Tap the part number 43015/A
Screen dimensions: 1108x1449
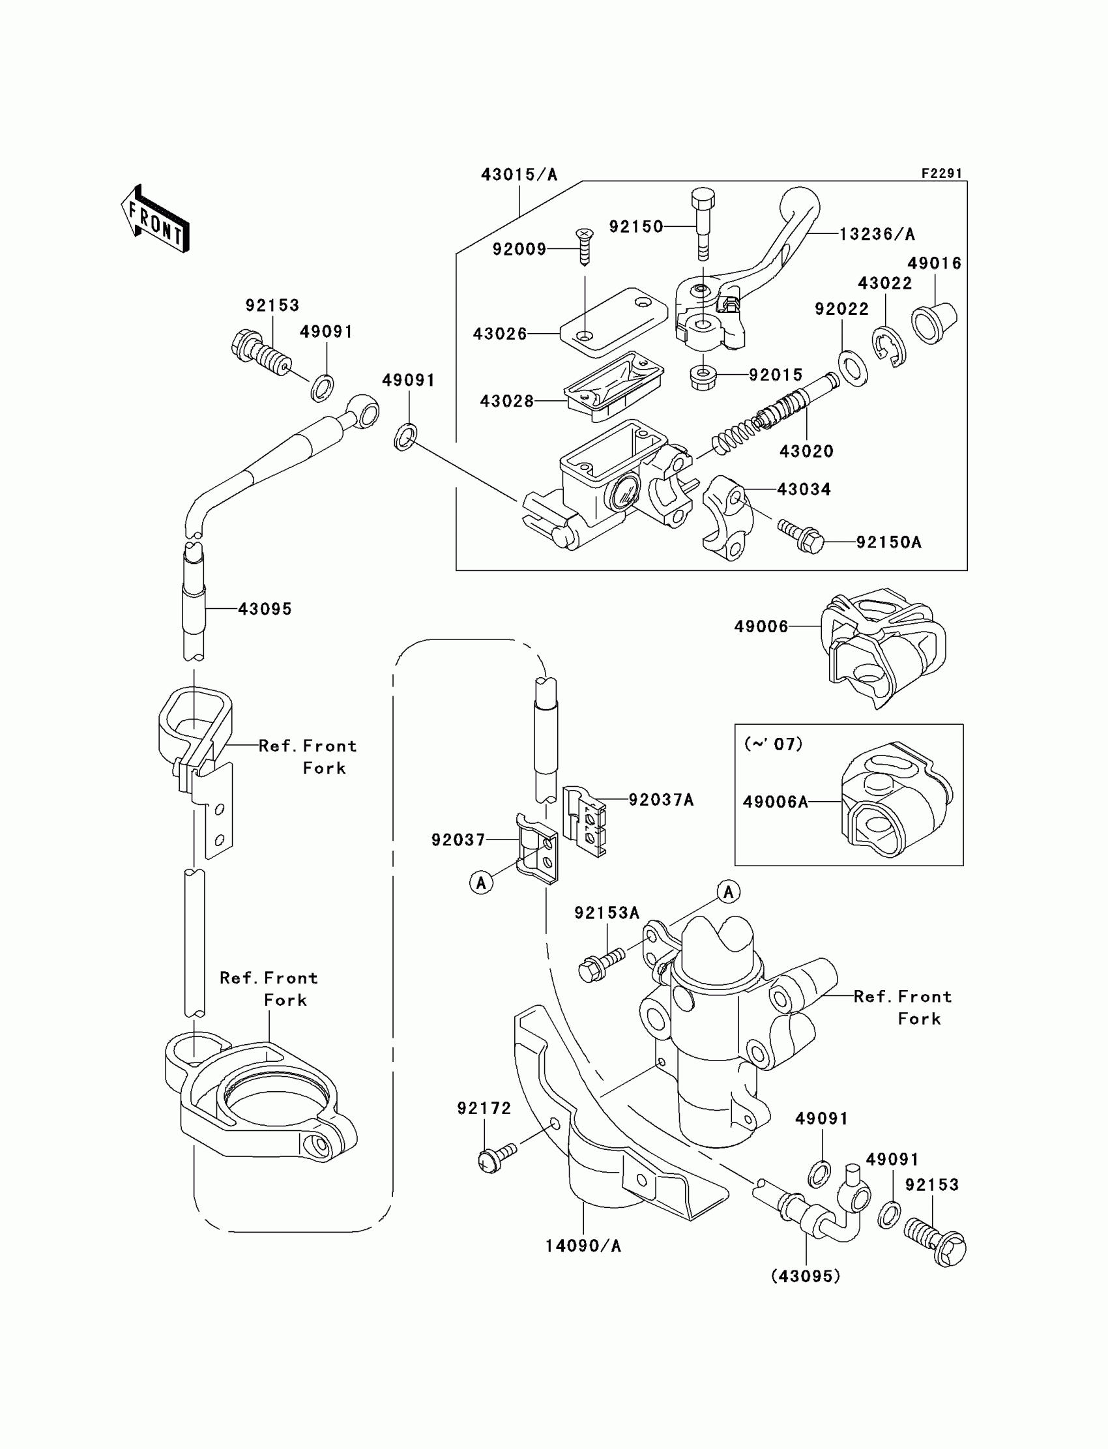(519, 175)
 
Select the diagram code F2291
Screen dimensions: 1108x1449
(942, 173)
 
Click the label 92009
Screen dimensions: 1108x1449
(519, 249)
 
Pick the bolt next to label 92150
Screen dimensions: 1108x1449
(703, 224)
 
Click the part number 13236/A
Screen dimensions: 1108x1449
(877, 234)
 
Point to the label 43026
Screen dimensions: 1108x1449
(500, 334)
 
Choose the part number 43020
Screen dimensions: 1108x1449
(806, 451)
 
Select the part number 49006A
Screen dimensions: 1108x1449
(775, 802)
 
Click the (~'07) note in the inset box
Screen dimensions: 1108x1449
(773, 744)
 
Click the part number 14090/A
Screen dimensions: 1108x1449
(583, 1246)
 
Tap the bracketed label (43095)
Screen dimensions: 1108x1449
(806, 1276)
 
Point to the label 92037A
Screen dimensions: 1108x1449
(661, 800)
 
